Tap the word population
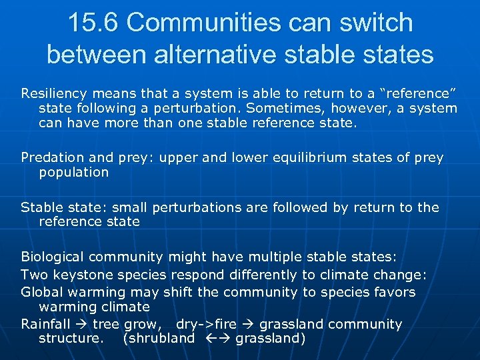73,172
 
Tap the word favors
394,291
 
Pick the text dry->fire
207,324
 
